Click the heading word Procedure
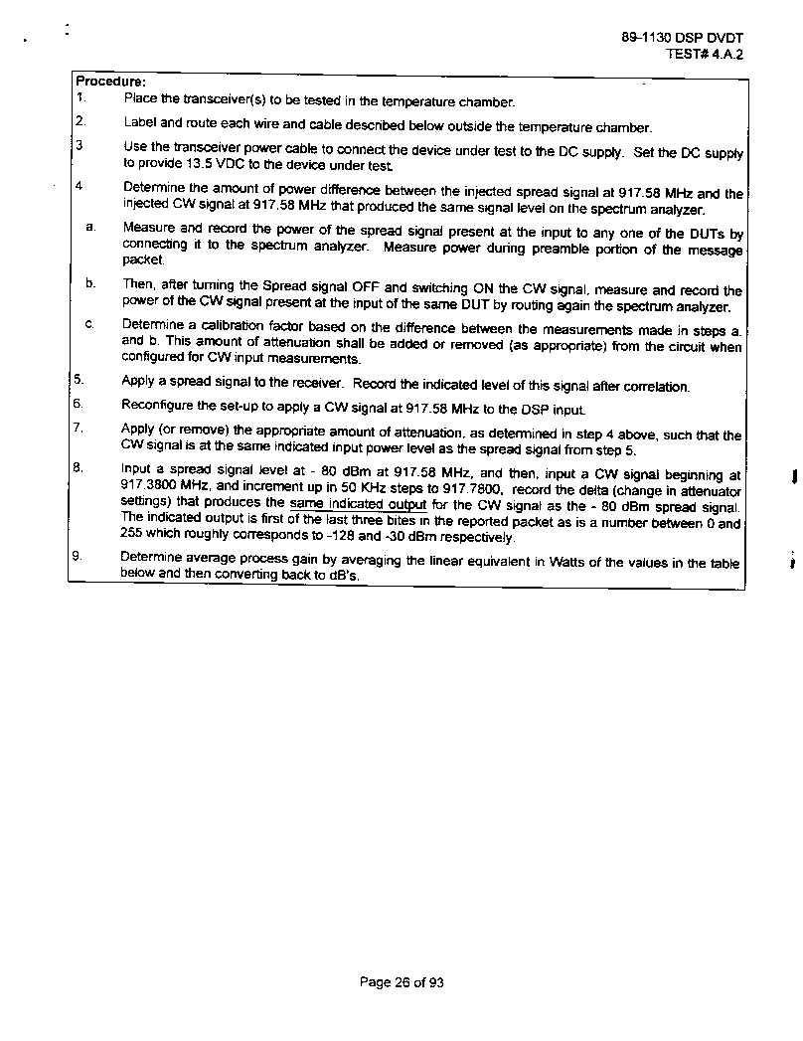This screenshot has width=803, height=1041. pos(110,82)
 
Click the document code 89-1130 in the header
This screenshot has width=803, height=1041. pos(646,38)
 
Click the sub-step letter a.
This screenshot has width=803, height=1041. pos(90,228)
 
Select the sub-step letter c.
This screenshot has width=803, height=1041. pos(89,324)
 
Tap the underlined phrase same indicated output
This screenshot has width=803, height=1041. pos(358,504)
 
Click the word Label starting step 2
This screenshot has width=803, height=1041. pos(139,124)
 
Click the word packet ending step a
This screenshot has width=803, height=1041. pos(142,260)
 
